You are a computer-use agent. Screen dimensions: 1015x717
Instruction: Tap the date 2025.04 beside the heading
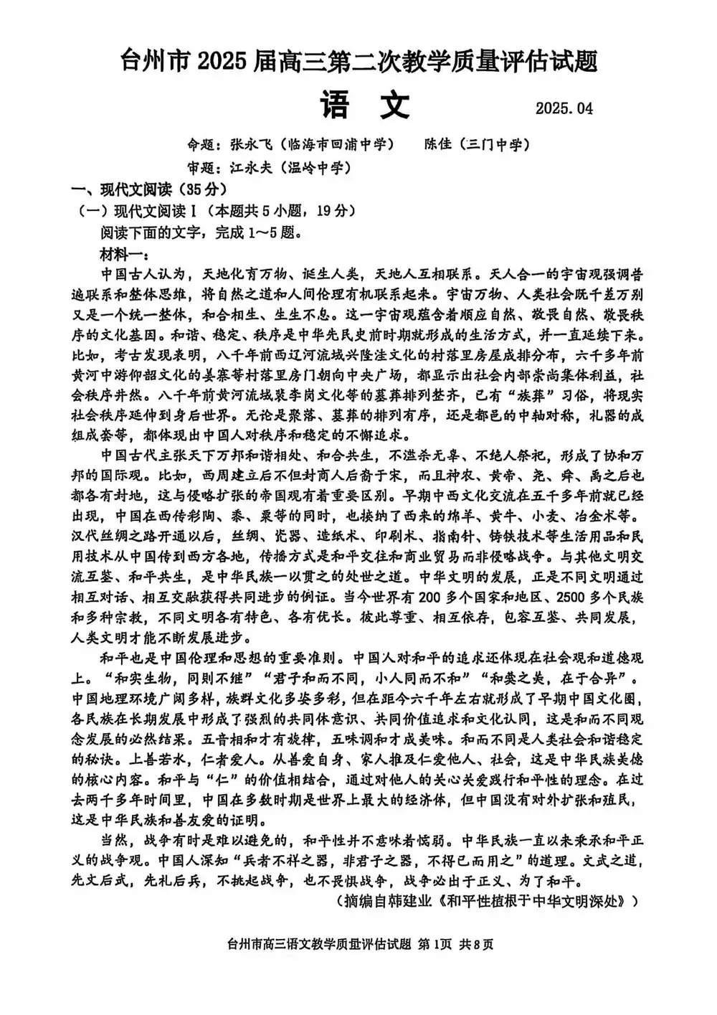tap(564, 109)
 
